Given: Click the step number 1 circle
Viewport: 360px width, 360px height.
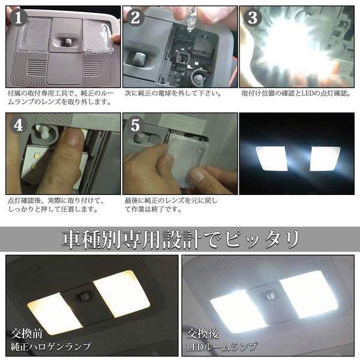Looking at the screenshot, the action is pos(19,18).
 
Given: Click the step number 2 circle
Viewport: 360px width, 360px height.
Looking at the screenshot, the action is pos(135,18).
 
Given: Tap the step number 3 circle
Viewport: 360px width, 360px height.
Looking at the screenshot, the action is pos(253,18).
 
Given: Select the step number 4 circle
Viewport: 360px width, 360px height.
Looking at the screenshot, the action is pos(19,125).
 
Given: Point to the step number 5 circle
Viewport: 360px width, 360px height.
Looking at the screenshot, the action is pos(135,125).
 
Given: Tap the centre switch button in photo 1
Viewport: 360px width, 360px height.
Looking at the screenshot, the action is pos(67,41).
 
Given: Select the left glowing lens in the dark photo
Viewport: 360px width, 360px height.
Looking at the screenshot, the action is pos(272,158).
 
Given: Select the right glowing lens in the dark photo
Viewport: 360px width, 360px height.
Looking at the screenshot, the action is pos(325,158).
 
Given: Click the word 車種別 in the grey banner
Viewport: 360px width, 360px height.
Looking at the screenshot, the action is pos(92,239).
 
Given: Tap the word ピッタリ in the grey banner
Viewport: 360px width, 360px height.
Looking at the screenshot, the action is pos(262,239).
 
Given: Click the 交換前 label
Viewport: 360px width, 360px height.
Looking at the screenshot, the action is pos(26,334).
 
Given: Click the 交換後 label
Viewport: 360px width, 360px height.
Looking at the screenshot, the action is pos(203,334).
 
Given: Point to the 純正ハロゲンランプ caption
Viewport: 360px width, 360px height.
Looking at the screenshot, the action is pos(51,347).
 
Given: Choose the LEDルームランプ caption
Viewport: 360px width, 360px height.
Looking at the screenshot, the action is pos(221,347).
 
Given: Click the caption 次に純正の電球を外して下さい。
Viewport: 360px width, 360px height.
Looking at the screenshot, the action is pos(173,94).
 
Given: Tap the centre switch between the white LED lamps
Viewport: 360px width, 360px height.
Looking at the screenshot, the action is pos(271,295).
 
